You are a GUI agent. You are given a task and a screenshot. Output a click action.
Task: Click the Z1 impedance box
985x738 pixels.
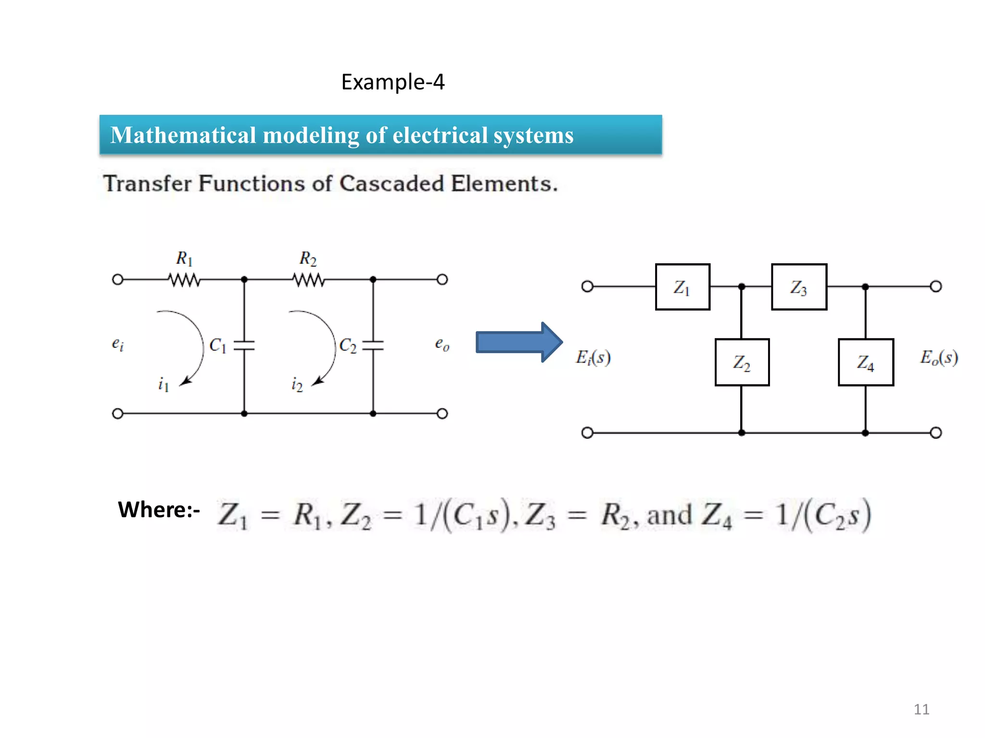682,287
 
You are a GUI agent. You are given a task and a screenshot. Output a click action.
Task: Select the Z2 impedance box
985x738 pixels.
742,362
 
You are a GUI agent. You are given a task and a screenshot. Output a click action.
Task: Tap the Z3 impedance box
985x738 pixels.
799,287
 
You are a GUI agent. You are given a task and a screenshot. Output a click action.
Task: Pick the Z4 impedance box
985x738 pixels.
866,362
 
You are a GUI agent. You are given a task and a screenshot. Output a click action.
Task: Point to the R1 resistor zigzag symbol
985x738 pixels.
185,280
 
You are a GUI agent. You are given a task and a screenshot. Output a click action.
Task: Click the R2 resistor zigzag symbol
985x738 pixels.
309,280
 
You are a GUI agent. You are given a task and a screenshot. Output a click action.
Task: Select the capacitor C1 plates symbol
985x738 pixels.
244,345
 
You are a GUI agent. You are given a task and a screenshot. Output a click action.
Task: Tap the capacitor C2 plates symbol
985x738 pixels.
373,345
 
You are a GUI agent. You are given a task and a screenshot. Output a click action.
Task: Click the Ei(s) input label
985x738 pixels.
594,357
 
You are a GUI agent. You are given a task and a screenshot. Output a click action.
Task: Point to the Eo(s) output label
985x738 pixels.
939,357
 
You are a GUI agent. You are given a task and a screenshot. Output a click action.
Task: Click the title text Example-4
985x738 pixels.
393,82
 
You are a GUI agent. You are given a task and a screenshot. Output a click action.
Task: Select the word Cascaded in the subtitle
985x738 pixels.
391,184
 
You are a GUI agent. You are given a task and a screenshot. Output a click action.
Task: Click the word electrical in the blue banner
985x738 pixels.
440,135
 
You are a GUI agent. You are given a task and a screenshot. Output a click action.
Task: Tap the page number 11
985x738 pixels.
922,709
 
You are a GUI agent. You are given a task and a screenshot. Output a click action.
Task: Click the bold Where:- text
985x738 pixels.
159,509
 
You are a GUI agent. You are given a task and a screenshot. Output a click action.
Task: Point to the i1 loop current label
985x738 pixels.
164,384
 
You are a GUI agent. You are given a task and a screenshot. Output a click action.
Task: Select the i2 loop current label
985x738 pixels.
297,384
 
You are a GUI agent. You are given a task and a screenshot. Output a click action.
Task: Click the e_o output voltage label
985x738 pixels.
442,344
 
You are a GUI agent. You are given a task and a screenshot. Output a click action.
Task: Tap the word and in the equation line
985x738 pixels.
669,515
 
